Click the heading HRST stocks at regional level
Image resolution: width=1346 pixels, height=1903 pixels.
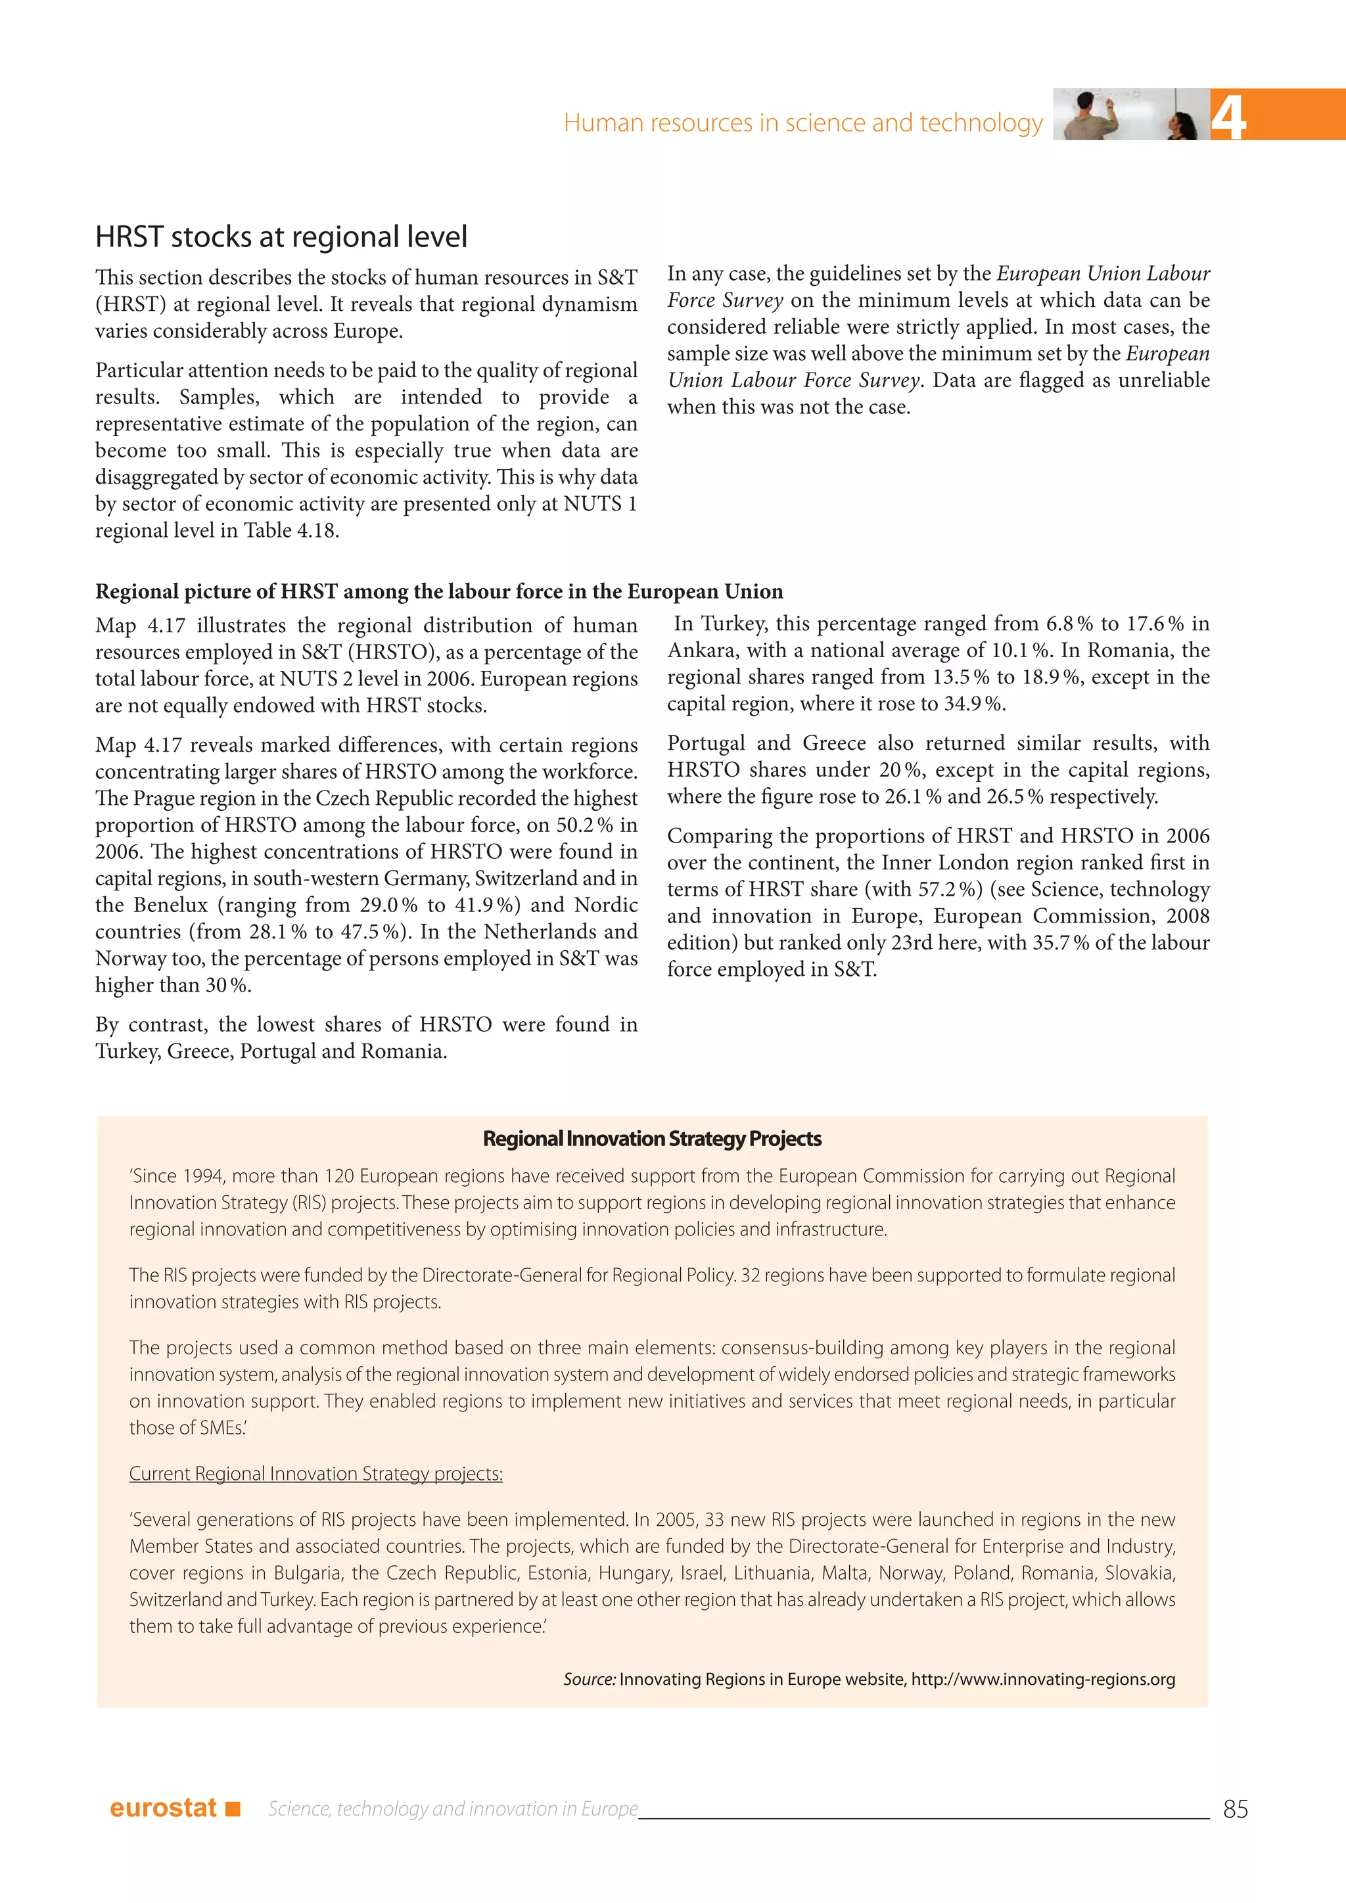pos(281,237)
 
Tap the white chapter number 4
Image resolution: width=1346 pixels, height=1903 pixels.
pos(1228,118)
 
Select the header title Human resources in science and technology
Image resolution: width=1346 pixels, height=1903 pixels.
pos(802,123)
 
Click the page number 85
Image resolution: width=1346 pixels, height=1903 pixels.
pos(1235,1808)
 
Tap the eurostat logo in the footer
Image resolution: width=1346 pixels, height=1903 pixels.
pos(163,1808)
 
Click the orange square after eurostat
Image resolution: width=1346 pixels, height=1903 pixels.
pos(233,1808)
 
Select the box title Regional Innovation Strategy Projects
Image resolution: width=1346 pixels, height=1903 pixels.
pos(651,1139)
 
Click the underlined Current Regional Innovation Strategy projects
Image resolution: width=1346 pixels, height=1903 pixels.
pos(315,1474)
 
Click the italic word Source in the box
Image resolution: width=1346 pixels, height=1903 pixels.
pos(588,1679)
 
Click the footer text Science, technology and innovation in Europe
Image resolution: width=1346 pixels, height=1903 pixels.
pos(453,1808)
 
